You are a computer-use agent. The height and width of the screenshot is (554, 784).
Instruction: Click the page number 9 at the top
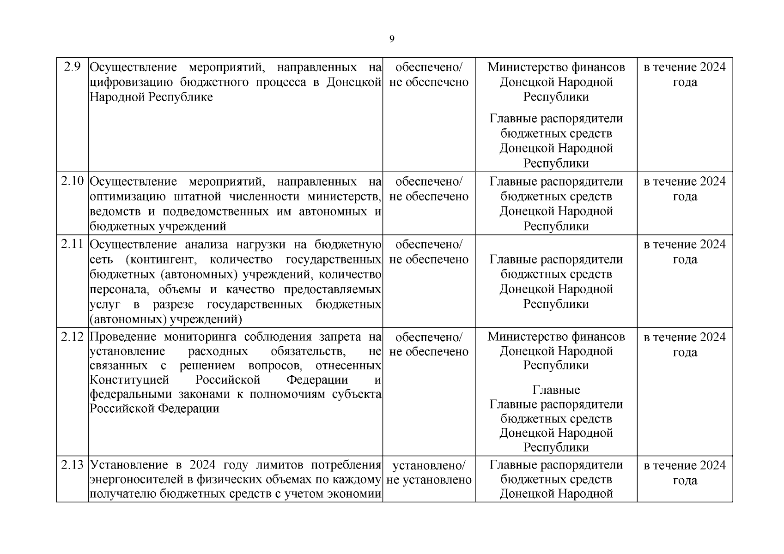click(392, 39)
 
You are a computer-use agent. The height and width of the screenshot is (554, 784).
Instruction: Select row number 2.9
click(73, 67)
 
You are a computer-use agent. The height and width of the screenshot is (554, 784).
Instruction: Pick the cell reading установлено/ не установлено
click(429, 472)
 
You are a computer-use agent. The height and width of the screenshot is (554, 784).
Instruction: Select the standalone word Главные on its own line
click(556, 390)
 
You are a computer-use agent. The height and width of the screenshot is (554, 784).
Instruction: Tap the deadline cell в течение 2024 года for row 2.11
click(685, 252)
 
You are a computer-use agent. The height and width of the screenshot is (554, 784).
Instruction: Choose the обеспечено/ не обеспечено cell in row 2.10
click(429, 189)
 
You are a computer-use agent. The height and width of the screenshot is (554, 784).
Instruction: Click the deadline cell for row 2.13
click(685, 472)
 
